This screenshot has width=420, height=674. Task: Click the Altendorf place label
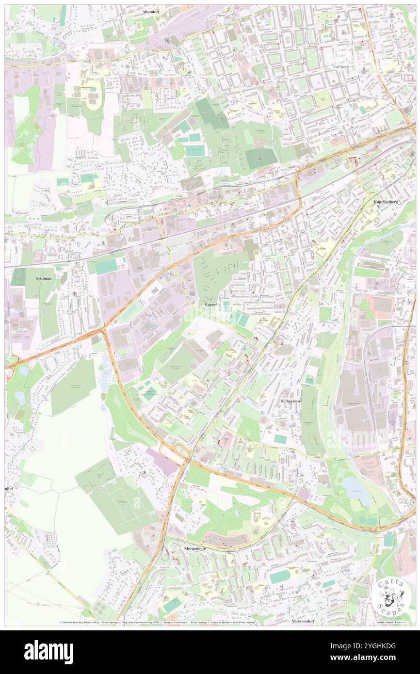[x=151, y=11]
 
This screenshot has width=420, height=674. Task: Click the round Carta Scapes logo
[x=390, y=597]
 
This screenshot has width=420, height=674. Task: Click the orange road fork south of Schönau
[x=103, y=331]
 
